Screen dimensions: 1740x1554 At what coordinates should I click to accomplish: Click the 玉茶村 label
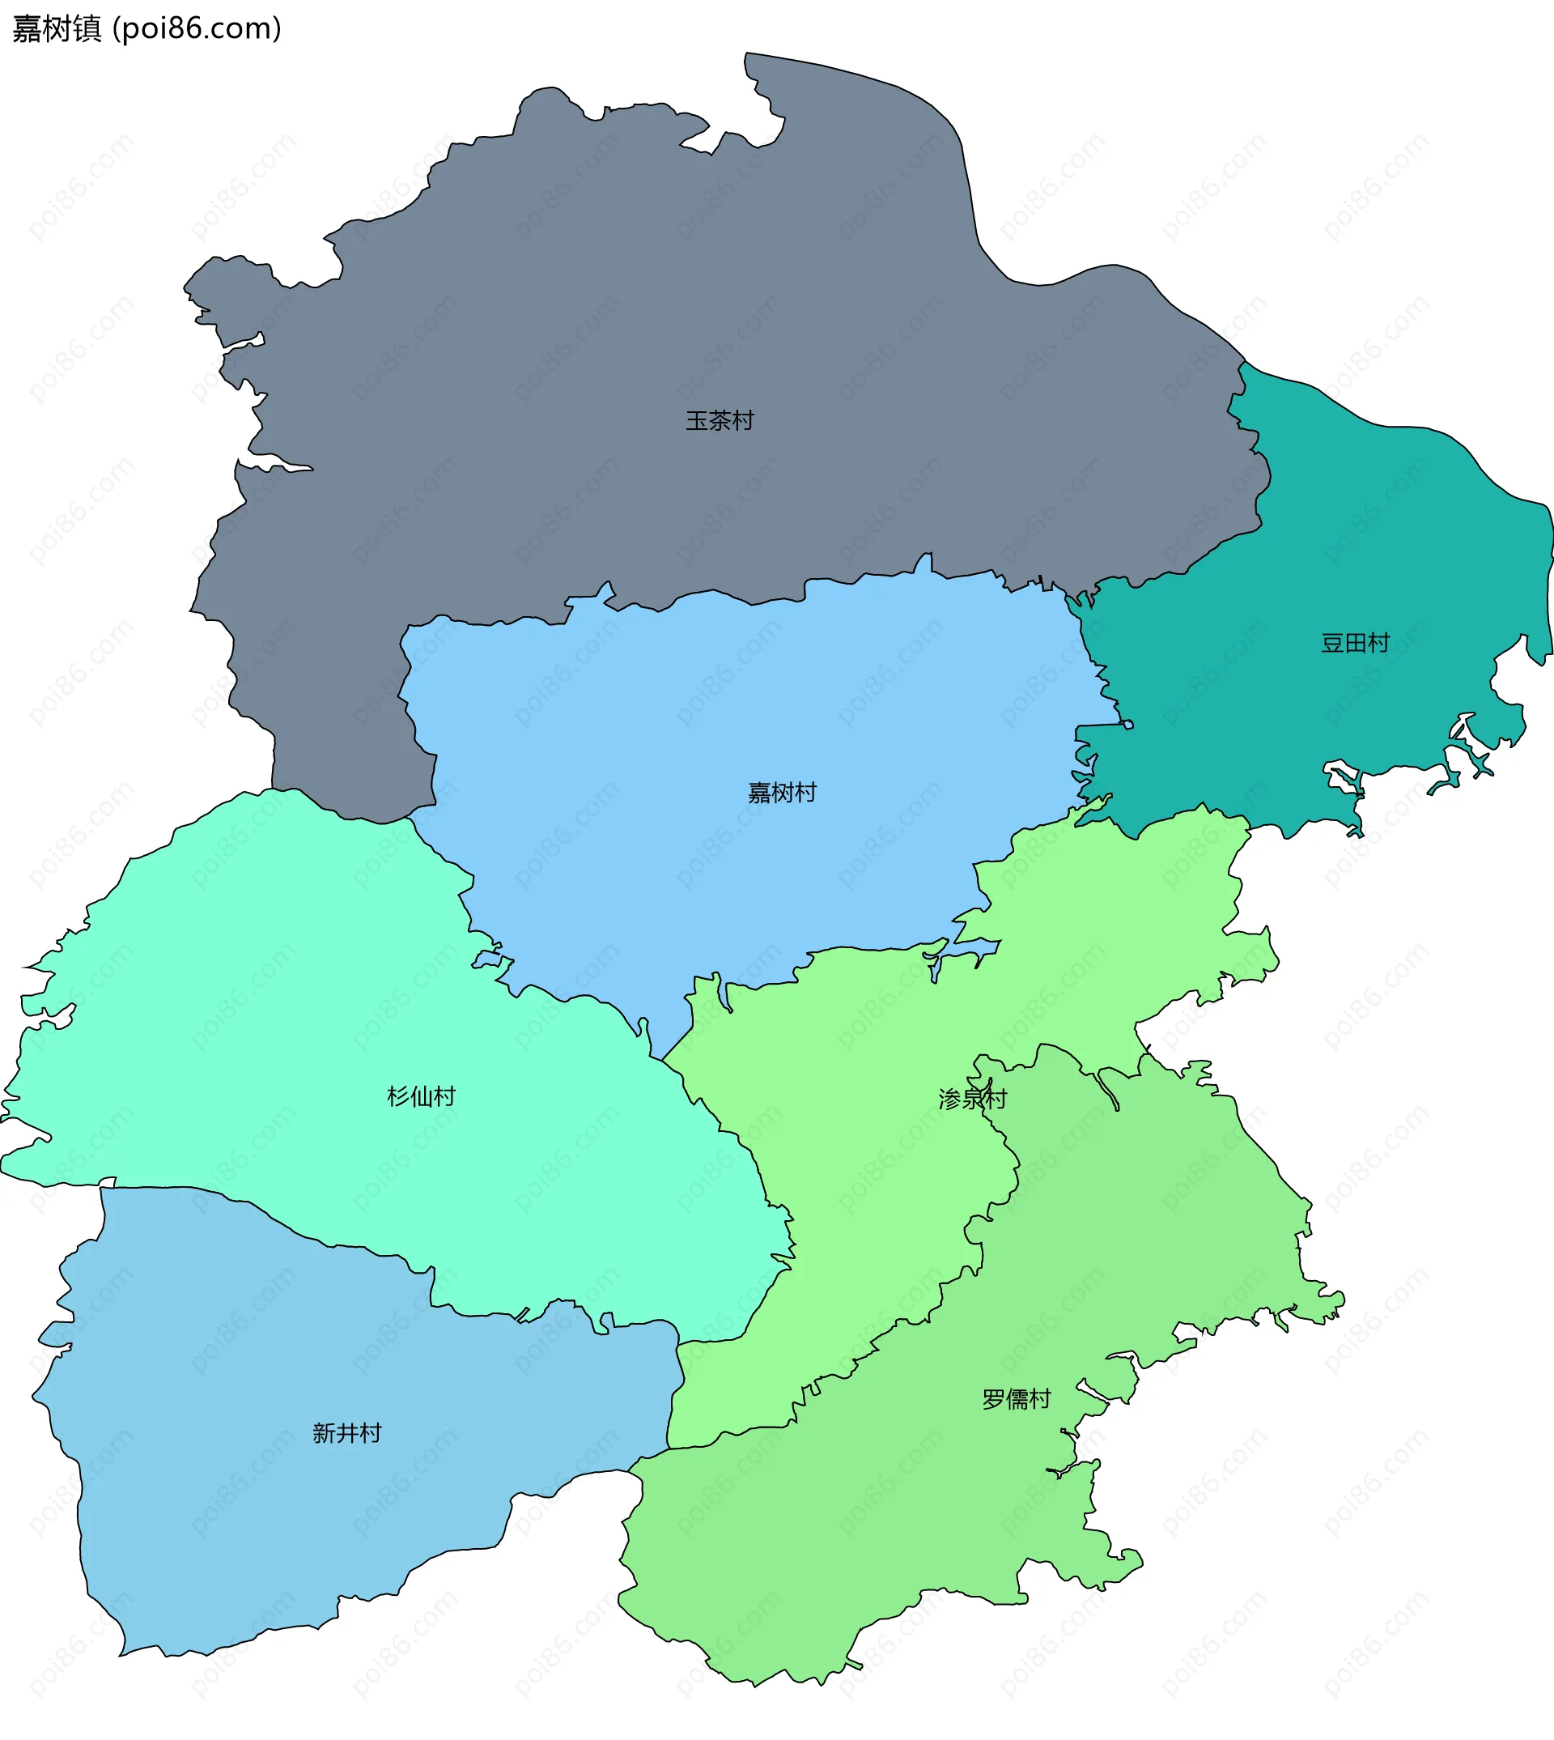click(720, 420)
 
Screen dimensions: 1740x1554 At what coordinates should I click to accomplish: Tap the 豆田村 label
click(1355, 642)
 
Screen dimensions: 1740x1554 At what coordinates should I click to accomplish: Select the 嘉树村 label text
click(782, 793)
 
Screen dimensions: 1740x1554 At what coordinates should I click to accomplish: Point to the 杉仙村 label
click(422, 1096)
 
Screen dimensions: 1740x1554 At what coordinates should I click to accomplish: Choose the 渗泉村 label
click(973, 1100)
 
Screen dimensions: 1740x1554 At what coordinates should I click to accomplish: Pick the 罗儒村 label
click(1016, 1399)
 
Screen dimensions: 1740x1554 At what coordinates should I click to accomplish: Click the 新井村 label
click(346, 1433)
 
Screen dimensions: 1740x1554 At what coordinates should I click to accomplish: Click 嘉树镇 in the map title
click(57, 29)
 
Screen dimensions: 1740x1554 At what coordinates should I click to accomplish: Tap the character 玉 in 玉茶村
click(698, 420)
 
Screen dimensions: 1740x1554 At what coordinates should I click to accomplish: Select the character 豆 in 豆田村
click(1333, 642)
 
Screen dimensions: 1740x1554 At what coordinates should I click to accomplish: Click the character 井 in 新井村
click(346, 1433)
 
